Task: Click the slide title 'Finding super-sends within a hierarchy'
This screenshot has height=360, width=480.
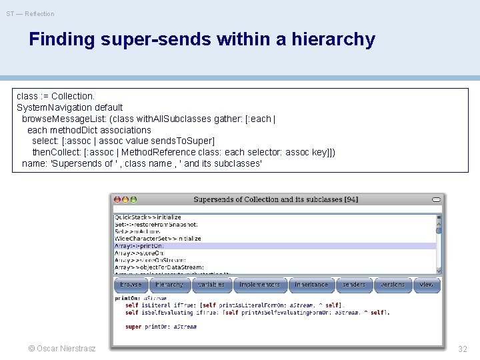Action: point(202,39)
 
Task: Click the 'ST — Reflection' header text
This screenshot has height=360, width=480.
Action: point(31,14)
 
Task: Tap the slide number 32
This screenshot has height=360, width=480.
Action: point(463,349)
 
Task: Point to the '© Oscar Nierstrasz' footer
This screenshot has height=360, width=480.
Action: point(62,349)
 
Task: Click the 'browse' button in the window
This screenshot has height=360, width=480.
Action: point(131,285)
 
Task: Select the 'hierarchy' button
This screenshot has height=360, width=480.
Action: point(169,285)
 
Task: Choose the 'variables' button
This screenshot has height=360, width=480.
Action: point(211,285)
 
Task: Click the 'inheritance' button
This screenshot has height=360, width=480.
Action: point(311,285)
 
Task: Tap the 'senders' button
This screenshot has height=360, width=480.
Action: point(353,285)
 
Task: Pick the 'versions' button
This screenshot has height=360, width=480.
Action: point(392,285)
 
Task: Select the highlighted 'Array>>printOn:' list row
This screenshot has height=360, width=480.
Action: point(143,246)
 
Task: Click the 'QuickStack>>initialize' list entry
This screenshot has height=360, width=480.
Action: point(148,217)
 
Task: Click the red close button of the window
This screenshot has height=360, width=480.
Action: point(117,199)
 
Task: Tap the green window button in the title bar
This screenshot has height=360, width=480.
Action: point(133,199)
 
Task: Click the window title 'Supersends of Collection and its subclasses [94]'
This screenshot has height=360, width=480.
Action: point(275,199)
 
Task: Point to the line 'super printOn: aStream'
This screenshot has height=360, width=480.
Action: point(161,327)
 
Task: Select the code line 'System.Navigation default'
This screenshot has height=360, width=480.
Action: point(70,107)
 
